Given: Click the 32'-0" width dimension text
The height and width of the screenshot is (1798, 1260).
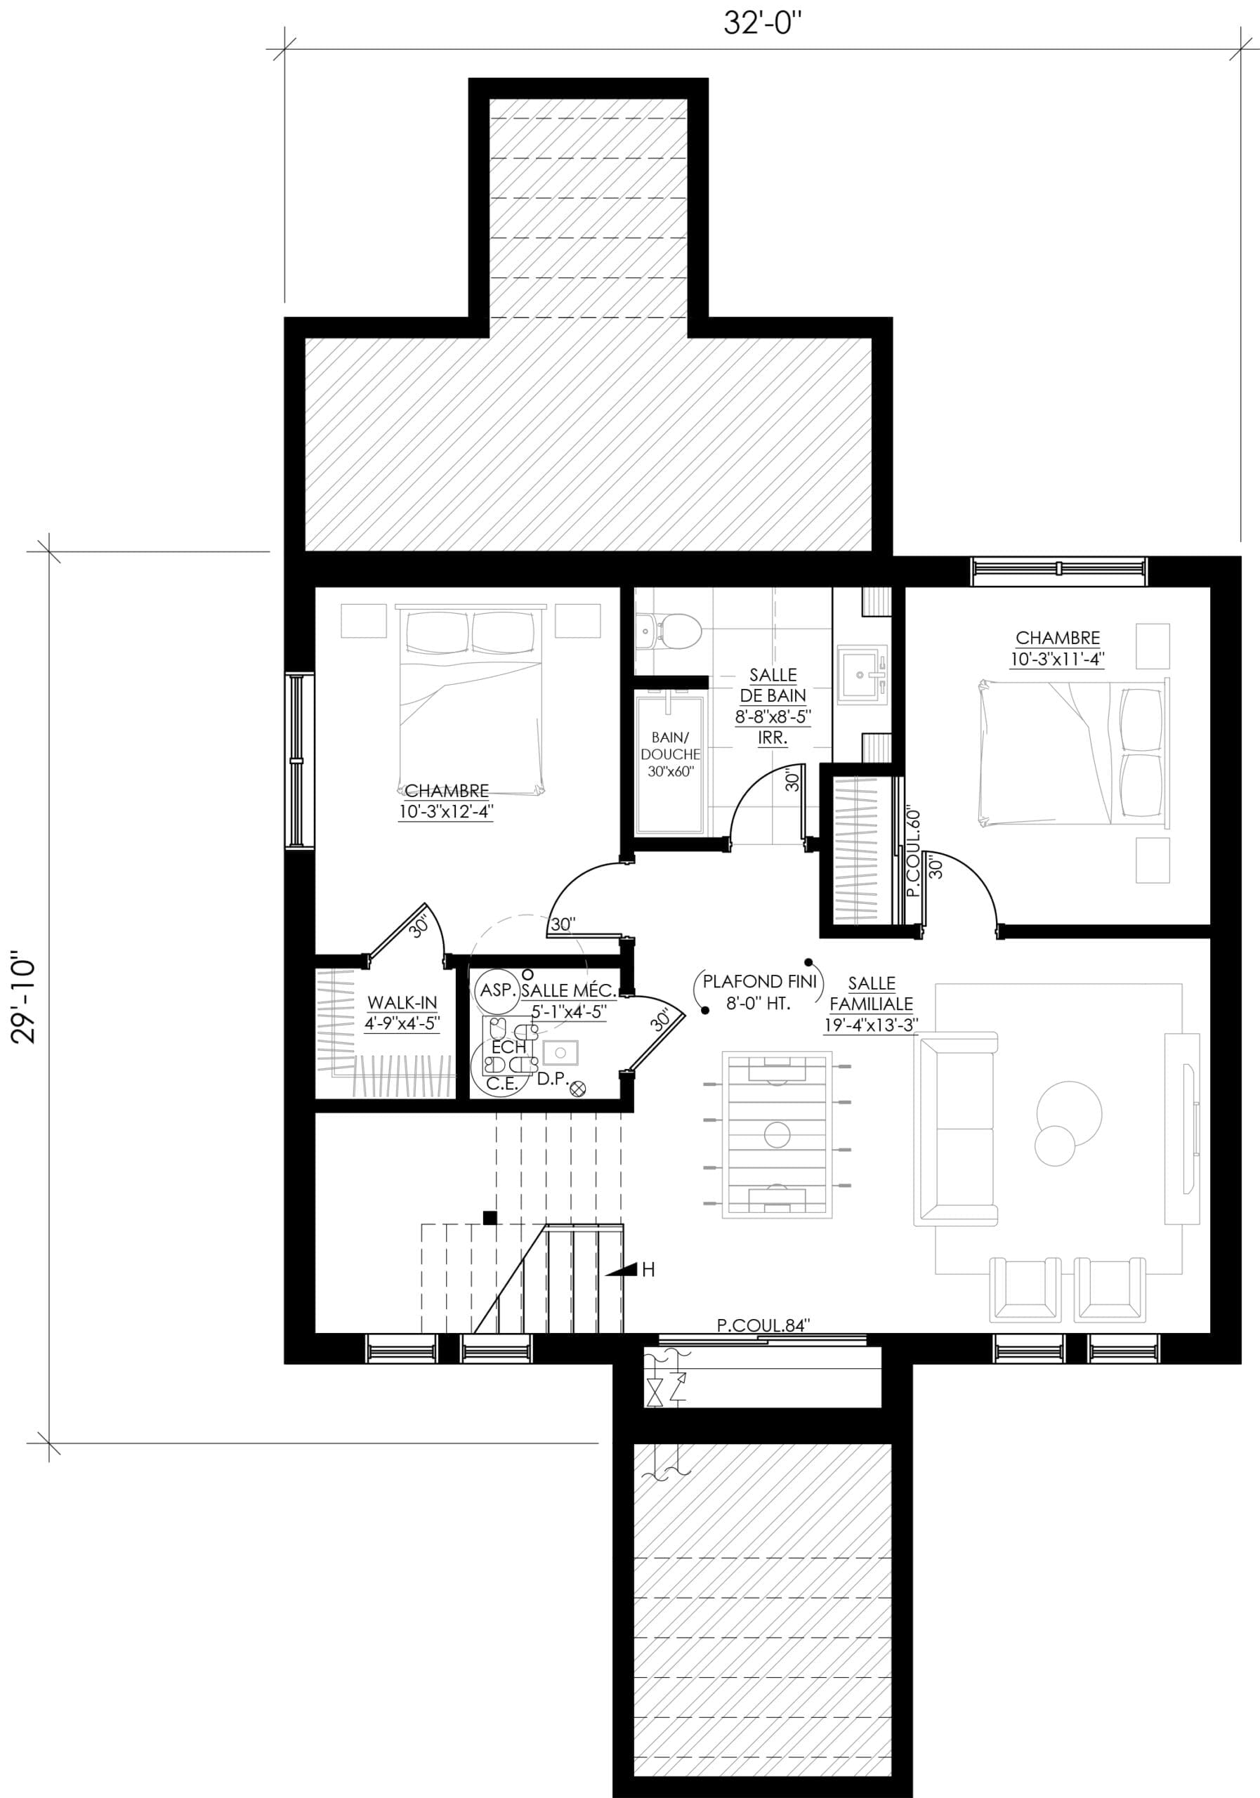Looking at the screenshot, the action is click(763, 23).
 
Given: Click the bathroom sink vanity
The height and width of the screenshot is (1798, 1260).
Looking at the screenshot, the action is click(861, 673).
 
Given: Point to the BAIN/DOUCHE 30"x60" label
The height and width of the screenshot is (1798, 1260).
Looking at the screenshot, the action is click(670, 754).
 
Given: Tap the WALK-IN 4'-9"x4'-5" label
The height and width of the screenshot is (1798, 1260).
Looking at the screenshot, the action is click(402, 1013).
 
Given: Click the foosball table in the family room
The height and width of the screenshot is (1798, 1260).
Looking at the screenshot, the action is click(777, 1135).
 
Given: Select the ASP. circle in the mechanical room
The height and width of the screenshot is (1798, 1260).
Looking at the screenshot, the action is click(497, 990).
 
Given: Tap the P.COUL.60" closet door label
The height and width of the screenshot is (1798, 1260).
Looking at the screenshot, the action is click(912, 853).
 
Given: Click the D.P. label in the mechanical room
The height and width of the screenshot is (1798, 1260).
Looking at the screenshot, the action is click(552, 1078).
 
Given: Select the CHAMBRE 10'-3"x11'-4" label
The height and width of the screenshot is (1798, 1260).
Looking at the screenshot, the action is click(1057, 648).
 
